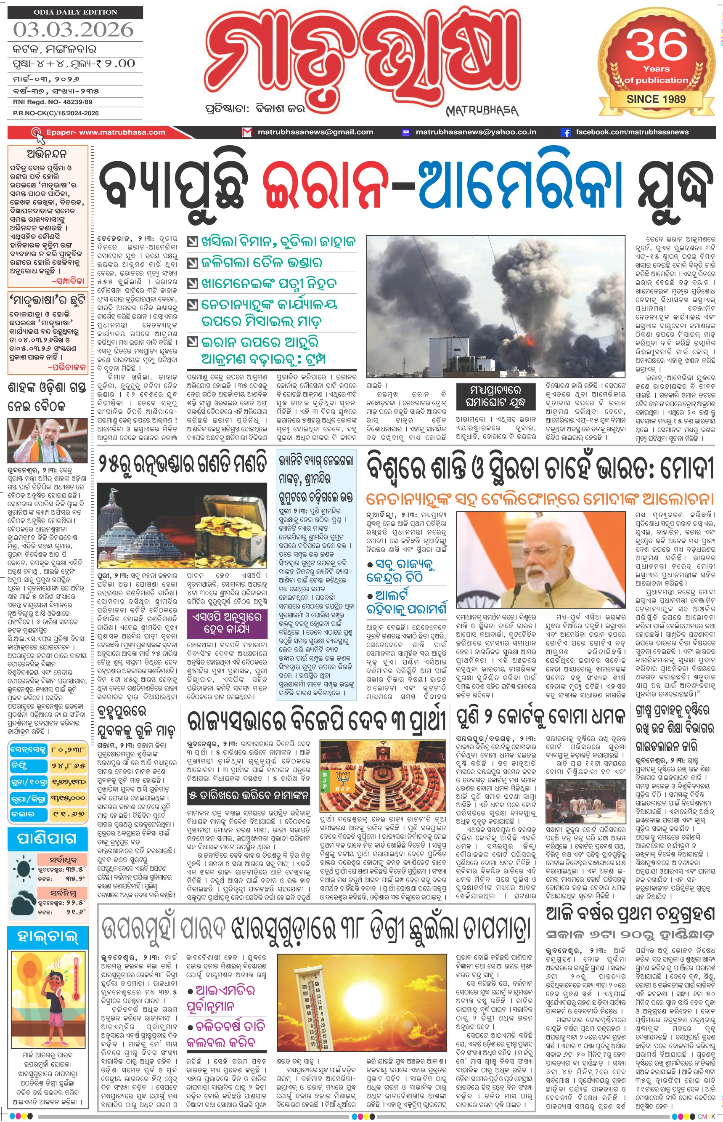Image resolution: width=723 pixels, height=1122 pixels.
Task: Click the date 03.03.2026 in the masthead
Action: click(73, 30)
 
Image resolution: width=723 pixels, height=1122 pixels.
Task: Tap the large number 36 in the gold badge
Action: click(656, 45)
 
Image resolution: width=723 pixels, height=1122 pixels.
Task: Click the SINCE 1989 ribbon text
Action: click(656, 99)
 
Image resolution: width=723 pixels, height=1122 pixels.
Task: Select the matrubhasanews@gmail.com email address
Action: click(315, 133)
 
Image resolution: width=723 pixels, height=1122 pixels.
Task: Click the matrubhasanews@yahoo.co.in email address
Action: click(476, 133)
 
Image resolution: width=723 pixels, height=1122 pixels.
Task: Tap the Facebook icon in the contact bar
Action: click(566, 133)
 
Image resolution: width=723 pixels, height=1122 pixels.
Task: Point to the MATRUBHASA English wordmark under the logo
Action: click(482, 111)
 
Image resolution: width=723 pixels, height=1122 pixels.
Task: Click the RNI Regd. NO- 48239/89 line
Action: click(53, 102)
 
